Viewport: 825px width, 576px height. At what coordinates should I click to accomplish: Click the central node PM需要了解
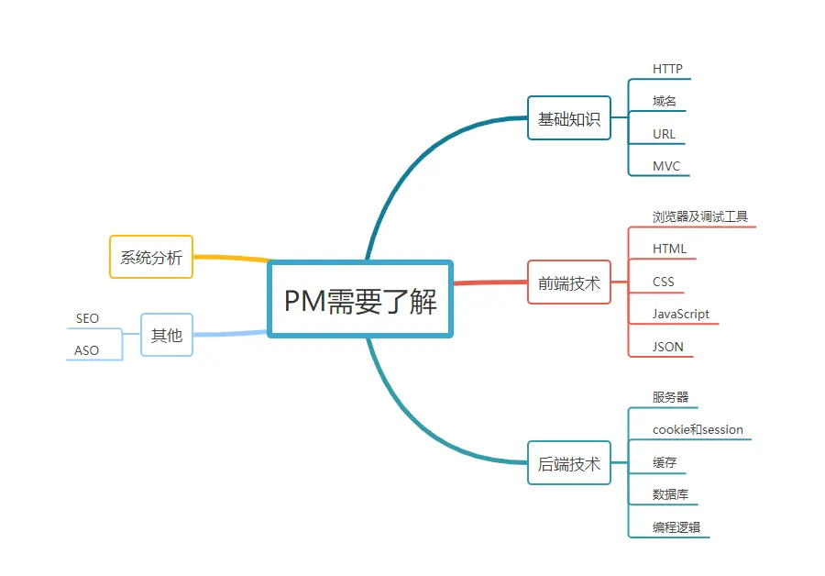tap(360, 300)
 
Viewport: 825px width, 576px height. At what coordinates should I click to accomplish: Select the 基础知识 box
tap(568, 118)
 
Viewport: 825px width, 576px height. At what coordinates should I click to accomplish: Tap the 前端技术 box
tap(568, 282)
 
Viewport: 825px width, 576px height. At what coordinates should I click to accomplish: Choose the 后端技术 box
tap(568, 463)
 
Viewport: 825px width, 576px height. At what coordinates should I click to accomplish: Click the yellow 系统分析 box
tap(151, 257)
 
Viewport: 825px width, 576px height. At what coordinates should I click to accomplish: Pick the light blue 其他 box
tap(166, 335)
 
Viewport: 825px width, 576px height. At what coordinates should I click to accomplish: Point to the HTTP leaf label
tap(667, 69)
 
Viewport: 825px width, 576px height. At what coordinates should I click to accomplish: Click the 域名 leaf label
tap(665, 101)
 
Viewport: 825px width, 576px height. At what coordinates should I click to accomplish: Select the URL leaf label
tap(664, 134)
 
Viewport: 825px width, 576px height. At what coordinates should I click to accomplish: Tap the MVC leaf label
tap(666, 166)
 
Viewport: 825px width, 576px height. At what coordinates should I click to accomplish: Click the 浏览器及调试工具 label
tap(699, 216)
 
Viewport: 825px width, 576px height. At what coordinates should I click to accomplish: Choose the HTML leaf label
tap(669, 249)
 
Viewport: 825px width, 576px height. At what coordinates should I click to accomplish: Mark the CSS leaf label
tap(663, 282)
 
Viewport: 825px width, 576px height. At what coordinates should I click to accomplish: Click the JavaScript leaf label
tap(680, 314)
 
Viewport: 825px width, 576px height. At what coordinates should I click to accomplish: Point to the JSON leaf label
tap(667, 347)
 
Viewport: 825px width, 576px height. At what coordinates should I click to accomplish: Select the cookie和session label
tap(698, 429)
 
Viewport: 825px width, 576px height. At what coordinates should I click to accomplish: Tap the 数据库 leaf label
tap(670, 494)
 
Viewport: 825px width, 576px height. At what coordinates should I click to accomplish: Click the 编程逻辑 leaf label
tap(676, 527)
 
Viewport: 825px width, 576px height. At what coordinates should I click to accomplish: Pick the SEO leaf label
tap(87, 318)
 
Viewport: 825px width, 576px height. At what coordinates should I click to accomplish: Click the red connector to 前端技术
tap(490, 282)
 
